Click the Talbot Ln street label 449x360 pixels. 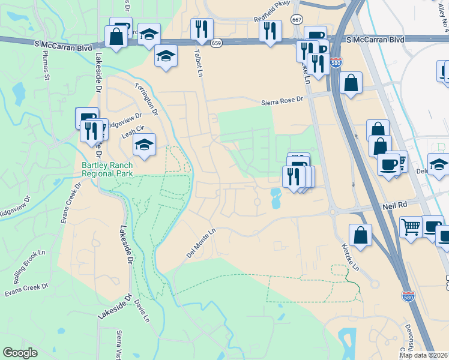[196, 62]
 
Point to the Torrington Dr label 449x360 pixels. [146, 98]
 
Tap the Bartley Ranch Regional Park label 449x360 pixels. [107, 169]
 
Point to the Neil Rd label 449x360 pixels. [394, 205]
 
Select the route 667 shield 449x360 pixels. [297, 19]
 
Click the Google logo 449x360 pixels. [20, 353]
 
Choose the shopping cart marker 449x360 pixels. [411, 227]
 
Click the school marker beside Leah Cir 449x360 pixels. [144, 145]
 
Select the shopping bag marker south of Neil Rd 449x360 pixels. [360, 235]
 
